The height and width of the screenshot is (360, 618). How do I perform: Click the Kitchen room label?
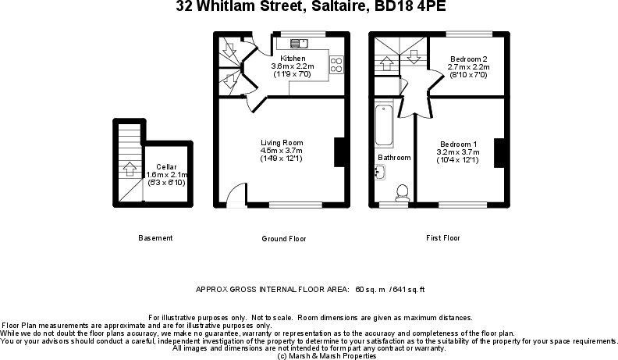293,59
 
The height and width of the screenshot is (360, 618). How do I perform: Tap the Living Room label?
282,143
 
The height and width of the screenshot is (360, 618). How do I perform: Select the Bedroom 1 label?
458,144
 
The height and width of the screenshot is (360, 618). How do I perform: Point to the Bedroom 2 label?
468,59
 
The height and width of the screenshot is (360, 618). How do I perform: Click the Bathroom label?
394,158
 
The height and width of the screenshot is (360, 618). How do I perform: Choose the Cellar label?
165,167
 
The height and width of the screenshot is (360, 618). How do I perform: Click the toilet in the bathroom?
403,191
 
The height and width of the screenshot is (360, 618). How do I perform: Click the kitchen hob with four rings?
338,65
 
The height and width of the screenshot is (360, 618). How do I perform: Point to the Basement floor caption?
155,238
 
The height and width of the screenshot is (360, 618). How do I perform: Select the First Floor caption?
442,237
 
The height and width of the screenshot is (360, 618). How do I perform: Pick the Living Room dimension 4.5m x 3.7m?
282,151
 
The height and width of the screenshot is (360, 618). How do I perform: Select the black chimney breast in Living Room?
339,151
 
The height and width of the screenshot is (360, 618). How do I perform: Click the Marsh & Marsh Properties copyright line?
327,355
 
